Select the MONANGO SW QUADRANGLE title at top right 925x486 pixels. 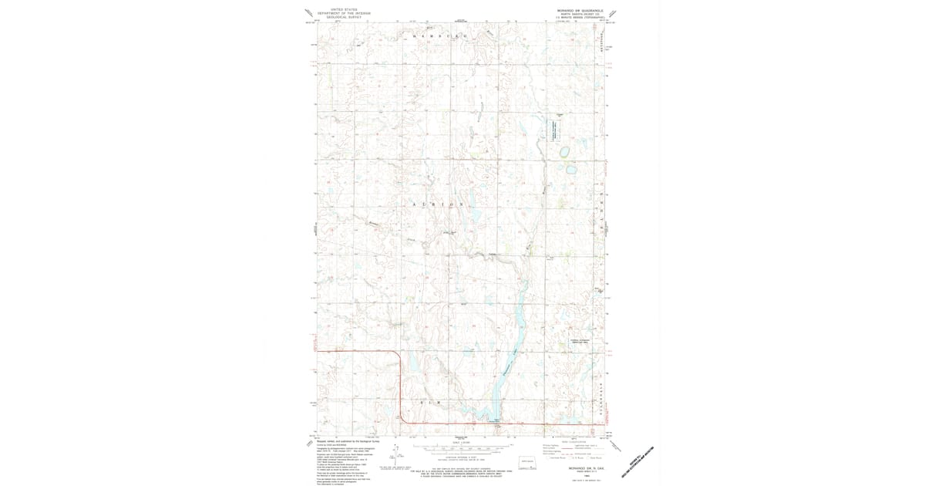click(x=576, y=10)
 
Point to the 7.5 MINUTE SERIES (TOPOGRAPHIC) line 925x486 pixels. click(x=576, y=18)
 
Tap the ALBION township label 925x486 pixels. click(x=441, y=205)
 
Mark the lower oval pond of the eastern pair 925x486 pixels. click(x=571, y=168)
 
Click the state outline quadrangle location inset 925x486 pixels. click(x=526, y=463)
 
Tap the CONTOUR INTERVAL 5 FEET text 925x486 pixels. click(x=462, y=457)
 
